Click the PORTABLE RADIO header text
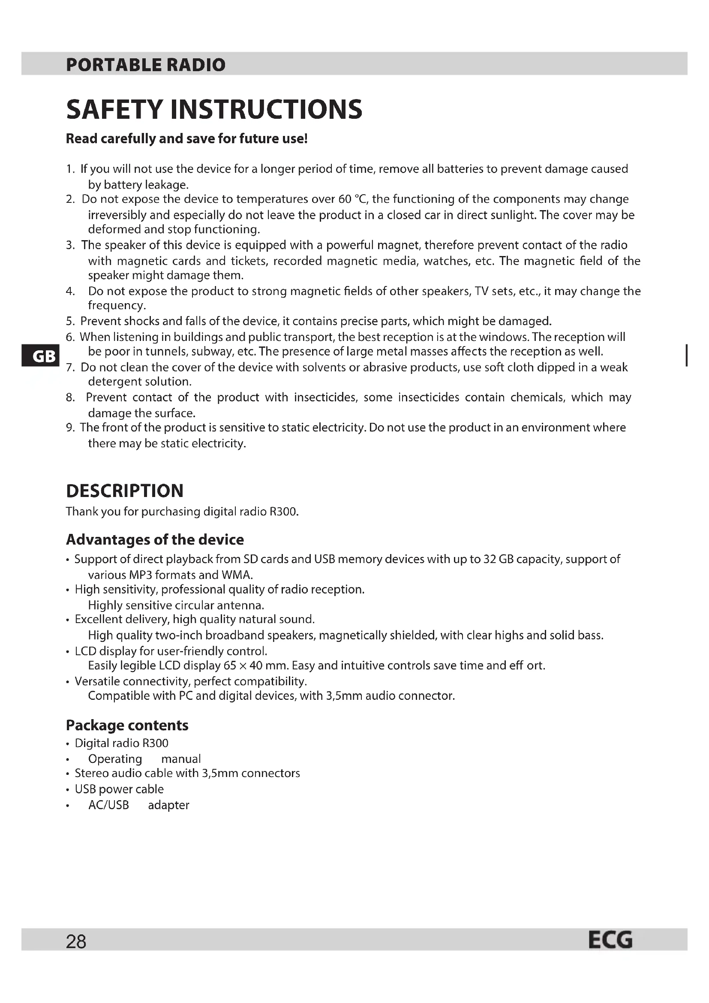click(145, 65)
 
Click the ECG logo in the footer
click(610, 940)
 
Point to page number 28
click(76, 942)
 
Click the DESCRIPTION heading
click(124, 491)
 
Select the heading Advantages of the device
click(155, 539)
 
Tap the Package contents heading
click(127, 725)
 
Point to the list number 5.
click(70, 322)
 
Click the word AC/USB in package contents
click(109, 805)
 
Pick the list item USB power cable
click(119, 789)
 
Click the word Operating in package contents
click(115, 759)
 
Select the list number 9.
click(70, 428)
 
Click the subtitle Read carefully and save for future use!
click(187, 139)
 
